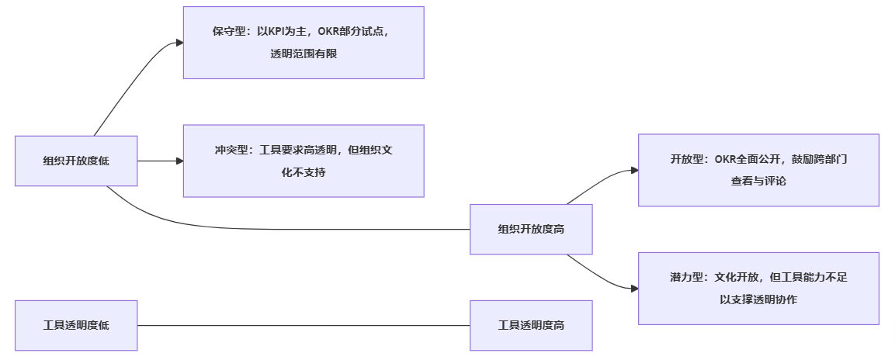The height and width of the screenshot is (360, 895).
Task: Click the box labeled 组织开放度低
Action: click(x=76, y=161)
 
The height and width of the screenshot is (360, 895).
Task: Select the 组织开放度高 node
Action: click(x=531, y=230)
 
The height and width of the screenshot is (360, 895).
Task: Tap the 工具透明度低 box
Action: click(x=76, y=326)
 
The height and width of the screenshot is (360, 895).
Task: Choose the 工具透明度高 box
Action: click(x=531, y=326)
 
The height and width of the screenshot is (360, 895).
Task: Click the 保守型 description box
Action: click(x=304, y=43)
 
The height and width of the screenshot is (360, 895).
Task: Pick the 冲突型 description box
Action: click(x=304, y=161)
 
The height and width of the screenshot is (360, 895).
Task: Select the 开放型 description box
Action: click(x=758, y=170)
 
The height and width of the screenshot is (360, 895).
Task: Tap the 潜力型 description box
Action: click(x=758, y=288)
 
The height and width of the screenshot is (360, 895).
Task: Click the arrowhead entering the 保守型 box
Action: click(x=179, y=43)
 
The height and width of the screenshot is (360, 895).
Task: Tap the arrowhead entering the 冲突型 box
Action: click(x=179, y=161)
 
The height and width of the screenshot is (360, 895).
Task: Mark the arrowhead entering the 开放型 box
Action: click(x=633, y=170)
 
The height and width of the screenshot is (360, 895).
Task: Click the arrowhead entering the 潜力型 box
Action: click(x=633, y=288)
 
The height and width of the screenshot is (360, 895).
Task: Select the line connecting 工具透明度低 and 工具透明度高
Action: click(x=304, y=326)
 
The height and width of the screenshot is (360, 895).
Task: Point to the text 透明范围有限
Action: click(x=304, y=54)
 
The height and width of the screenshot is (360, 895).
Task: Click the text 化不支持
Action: click(x=304, y=171)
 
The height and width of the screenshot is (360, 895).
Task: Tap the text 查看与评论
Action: click(x=758, y=181)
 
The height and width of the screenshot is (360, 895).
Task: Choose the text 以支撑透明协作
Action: click(x=758, y=299)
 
